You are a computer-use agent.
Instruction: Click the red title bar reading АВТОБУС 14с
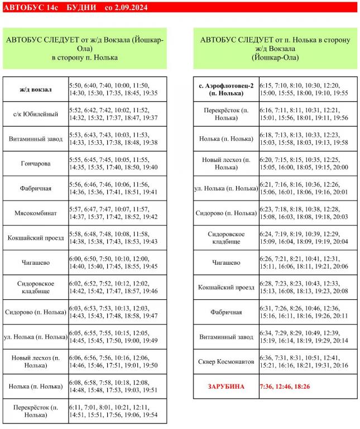179,7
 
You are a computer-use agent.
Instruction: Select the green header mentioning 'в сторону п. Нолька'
84,49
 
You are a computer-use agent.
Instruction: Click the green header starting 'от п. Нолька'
275,49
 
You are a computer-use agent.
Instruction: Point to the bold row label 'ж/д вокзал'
35,89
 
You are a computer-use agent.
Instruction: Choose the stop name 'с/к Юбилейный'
35,114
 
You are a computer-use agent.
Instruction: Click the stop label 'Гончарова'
35,164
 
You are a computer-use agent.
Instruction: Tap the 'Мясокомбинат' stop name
35,213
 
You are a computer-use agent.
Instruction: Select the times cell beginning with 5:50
117,89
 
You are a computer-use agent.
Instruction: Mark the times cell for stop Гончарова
117,164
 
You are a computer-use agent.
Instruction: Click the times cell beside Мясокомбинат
117,213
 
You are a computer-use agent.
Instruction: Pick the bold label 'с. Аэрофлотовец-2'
226,89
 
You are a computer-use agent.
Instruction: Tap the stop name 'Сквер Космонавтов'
226,362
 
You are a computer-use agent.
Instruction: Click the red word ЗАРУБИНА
226,387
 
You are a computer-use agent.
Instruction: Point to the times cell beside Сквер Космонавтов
308,362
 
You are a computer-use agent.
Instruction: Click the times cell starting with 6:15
308,89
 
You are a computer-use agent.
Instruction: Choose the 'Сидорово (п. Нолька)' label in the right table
226,213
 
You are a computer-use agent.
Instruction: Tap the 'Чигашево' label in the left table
35,263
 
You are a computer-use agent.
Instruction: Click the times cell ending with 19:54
117,411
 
